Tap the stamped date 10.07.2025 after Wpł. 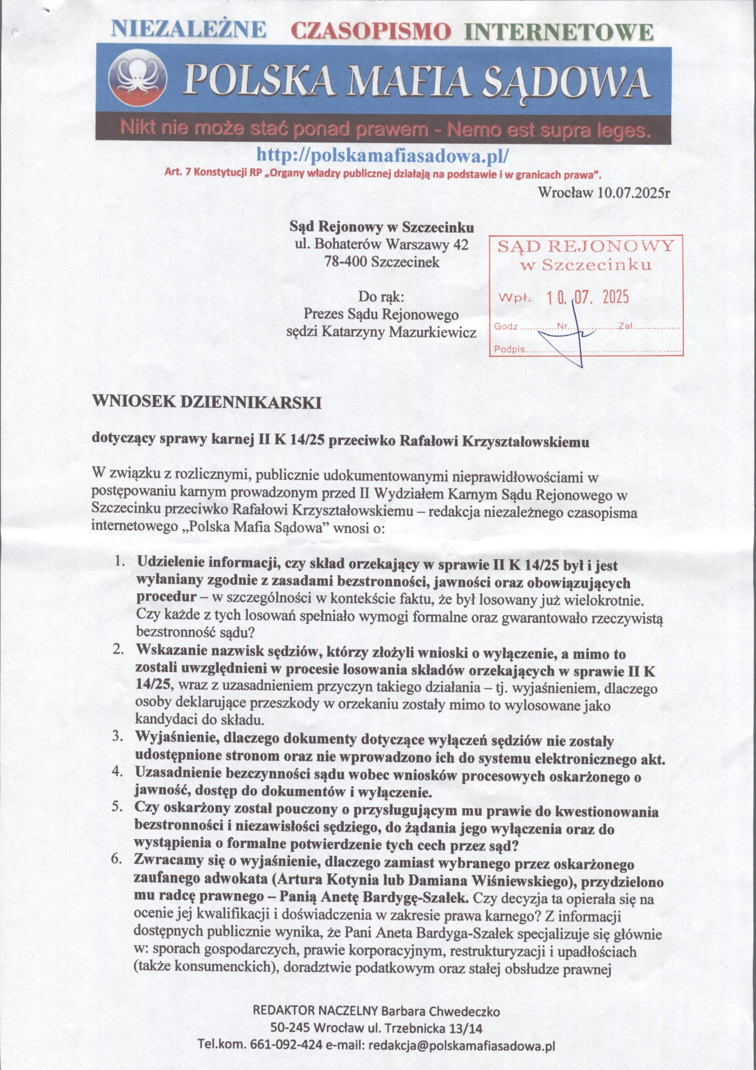[587, 296]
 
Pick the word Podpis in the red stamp [510, 349]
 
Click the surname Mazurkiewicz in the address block [433, 332]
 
